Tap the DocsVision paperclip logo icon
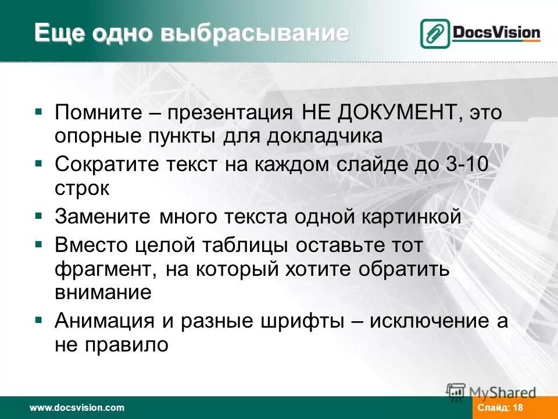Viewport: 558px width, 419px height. tap(434, 33)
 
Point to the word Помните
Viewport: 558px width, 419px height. tap(96, 111)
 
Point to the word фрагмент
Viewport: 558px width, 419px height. tap(105, 269)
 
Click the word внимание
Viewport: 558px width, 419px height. tap(103, 292)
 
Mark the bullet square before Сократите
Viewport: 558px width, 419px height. tap(38, 162)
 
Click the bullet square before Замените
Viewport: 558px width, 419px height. tap(38, 215)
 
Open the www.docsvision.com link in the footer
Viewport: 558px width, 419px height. tap(77, 408)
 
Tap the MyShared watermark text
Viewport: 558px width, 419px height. tap(503, 392)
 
